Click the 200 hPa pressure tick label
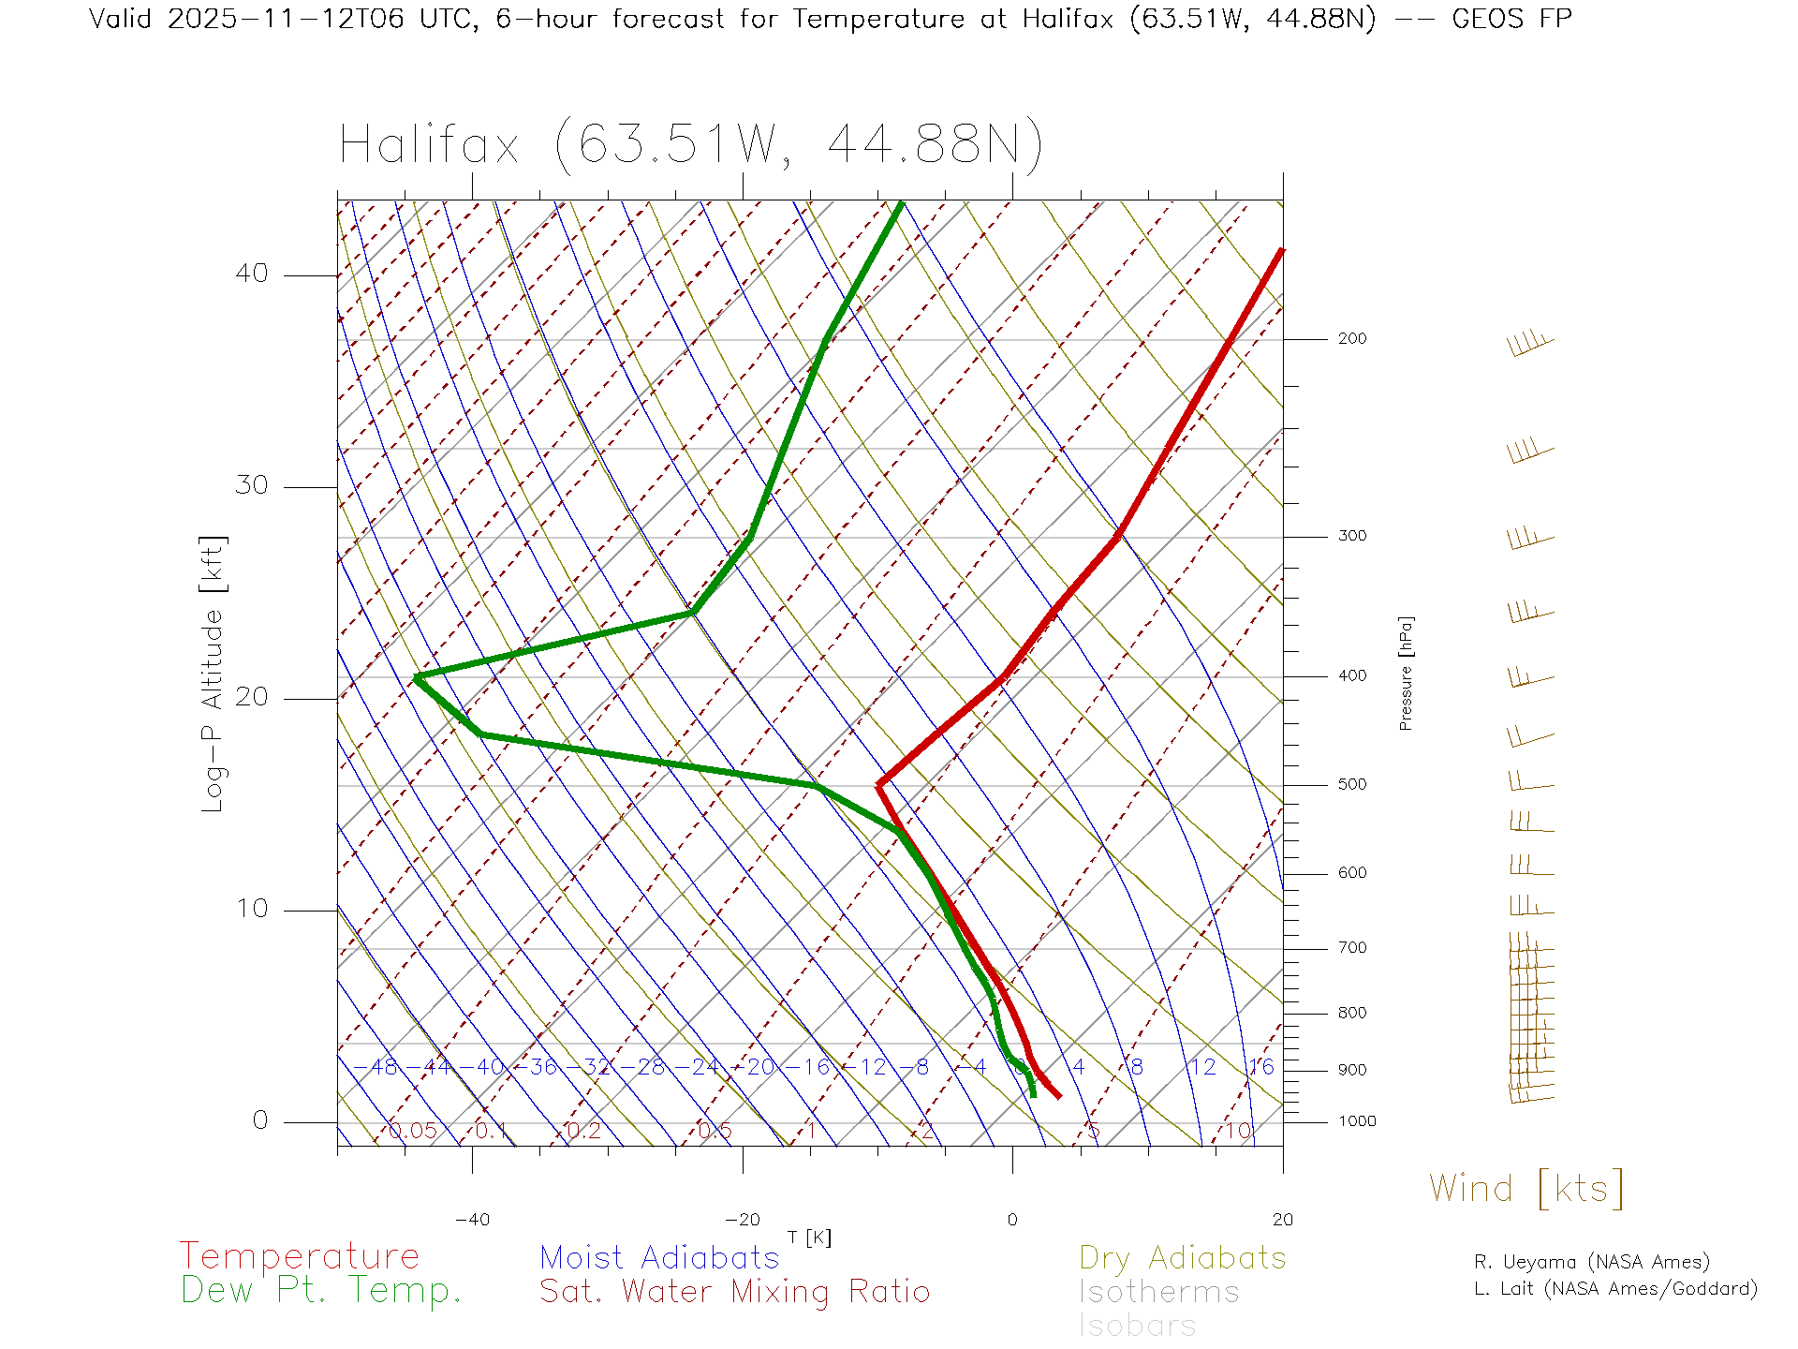click(x=1351, y=339)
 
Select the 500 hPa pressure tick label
click(x=1351, y=785)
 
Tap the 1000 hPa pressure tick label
click(x=1356, y=1121)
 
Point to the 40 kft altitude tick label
click(x=251, y=274)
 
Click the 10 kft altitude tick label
click(x=251, y=909)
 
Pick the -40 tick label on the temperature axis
click(x=472, y=1220)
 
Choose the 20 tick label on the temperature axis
click(x=1282, y=1220)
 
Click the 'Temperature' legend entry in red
click(x=299, y=1256)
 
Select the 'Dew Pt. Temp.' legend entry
click(x=321, y=1291)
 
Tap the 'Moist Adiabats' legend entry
click(x=659, y=1257)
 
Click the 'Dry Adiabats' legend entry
click(x=1182, y=1257)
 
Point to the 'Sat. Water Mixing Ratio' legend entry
click(x=734, y=1292)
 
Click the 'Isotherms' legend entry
click(x=1158, y=1292)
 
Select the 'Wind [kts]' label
click(x=1525, y=1189)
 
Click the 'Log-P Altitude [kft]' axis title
click(x=214, y=674)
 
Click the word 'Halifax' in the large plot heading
click(x=429, y=146)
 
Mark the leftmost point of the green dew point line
click(x=416, y=676)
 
